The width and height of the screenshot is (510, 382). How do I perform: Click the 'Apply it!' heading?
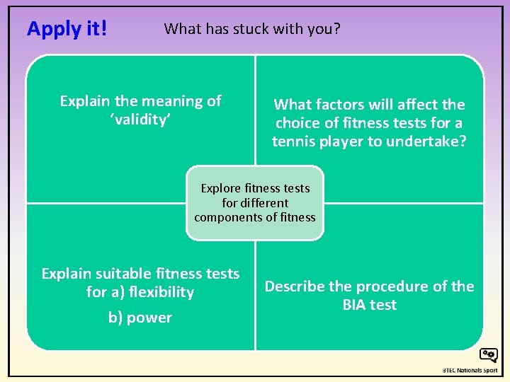67,28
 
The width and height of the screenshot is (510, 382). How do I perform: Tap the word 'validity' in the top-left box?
140,120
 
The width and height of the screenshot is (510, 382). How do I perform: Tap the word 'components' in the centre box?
229,217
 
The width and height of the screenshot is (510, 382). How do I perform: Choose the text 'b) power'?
140,318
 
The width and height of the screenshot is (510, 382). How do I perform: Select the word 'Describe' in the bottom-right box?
294,286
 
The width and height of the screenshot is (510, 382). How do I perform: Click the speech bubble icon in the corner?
488,355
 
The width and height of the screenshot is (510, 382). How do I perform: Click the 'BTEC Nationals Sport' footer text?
470,370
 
